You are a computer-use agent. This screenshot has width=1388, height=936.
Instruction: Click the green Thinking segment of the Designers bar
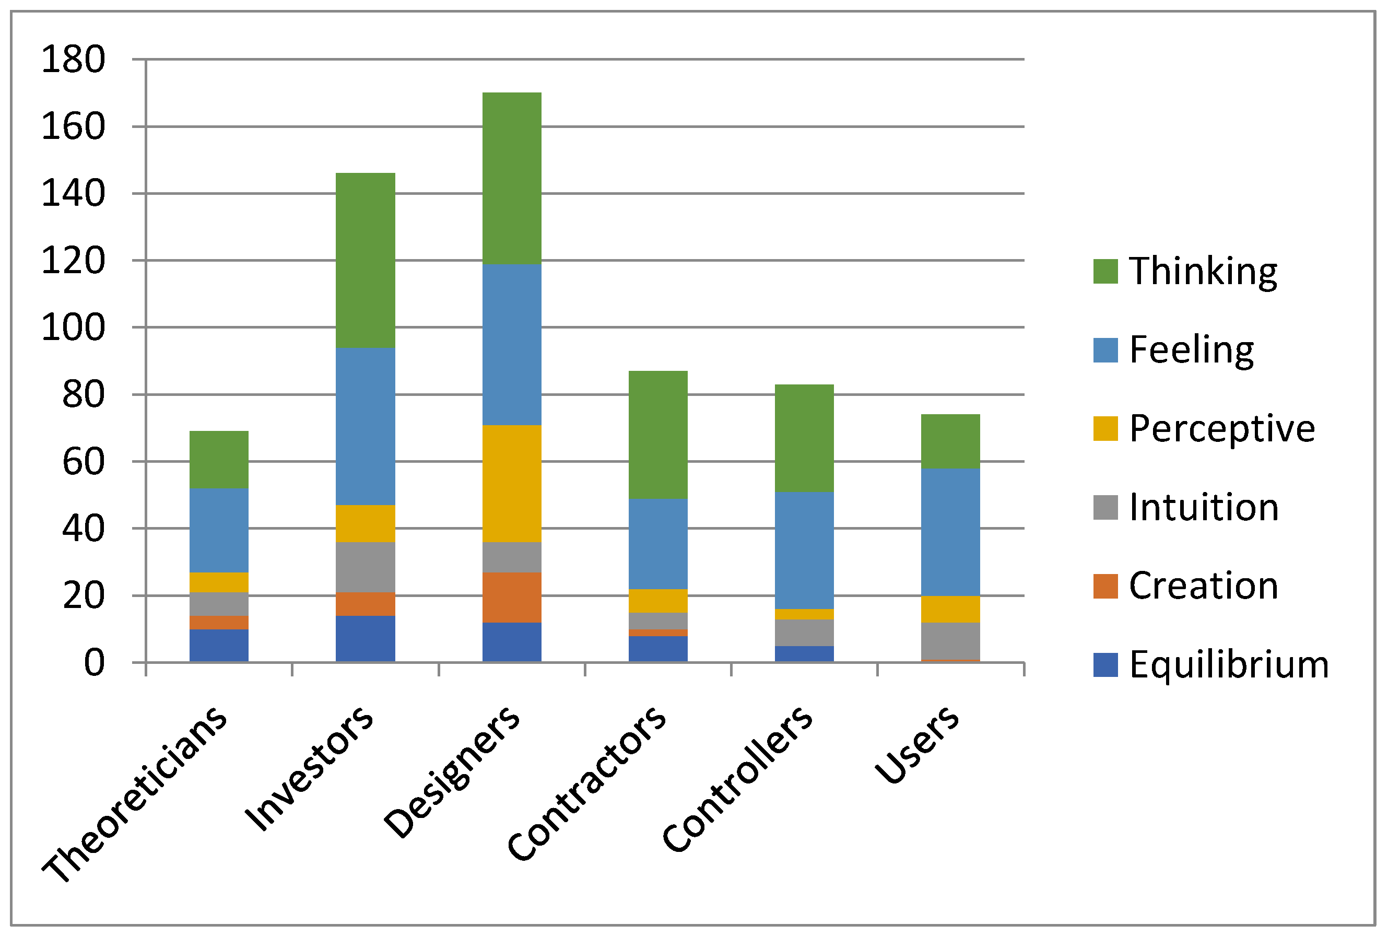(511, 178)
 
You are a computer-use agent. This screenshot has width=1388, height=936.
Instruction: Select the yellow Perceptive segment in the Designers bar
(511, 483)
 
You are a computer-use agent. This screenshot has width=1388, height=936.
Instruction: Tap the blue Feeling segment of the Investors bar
(365, 426)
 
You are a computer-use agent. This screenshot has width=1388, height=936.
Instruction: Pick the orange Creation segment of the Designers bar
(511, 597)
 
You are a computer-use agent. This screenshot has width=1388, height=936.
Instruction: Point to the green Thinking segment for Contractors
(657, 435)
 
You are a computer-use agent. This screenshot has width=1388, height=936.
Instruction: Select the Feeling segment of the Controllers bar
(804, 550)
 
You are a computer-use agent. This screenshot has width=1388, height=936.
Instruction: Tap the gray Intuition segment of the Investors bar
(365, 567)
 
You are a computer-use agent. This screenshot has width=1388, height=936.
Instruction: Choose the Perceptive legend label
(1221, 429)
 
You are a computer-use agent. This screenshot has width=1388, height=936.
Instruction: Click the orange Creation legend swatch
(1105, 586)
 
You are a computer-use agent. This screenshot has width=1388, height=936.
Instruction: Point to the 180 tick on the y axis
(73, 60)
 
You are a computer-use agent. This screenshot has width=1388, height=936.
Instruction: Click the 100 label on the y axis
(73, 327)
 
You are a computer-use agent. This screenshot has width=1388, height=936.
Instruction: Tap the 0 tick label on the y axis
(93, 663)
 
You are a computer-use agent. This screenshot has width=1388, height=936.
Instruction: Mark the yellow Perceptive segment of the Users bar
(950, 609)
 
